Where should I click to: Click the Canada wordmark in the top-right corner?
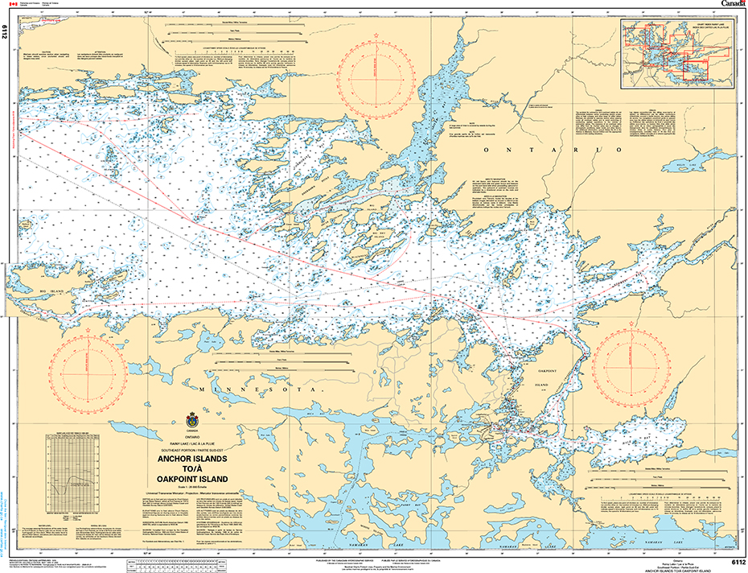733,5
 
